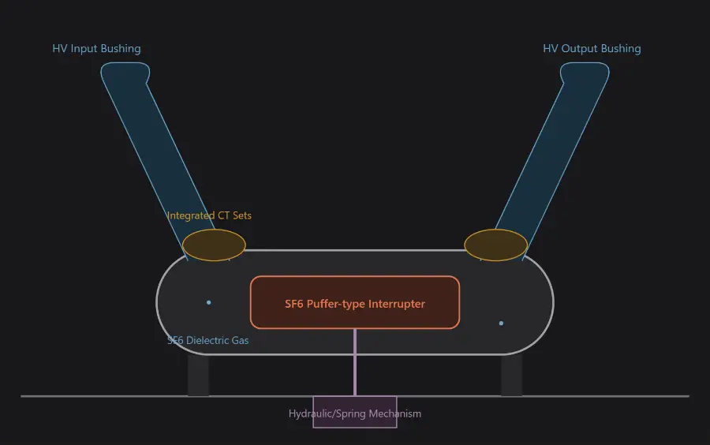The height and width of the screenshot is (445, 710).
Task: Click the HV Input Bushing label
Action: click(x=96, y=49)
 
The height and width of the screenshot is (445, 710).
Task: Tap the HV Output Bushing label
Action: click(x=592, y=49)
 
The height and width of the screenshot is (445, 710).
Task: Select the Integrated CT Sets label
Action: click(x=209, y=215)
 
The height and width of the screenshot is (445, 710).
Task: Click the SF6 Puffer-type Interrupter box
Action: click(x=355, y=302)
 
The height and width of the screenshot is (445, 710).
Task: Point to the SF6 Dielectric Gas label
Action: click(x=207, y=340)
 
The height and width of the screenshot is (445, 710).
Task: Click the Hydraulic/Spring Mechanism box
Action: click(x=355, y=412)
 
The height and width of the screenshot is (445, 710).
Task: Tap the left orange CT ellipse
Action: click(x=214, y=245)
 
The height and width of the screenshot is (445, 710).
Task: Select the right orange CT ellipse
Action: click(x=496, y=245)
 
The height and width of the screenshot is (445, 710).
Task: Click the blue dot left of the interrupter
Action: click(x=209, y=302)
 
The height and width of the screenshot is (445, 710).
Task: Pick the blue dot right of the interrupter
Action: click(x=501, y=323)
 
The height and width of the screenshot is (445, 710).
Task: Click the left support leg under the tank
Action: click(x=198, y=376)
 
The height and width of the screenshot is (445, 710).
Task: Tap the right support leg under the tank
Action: click(x=512, y=376)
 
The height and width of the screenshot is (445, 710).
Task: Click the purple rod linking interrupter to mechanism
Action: click(x=355, y=363)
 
